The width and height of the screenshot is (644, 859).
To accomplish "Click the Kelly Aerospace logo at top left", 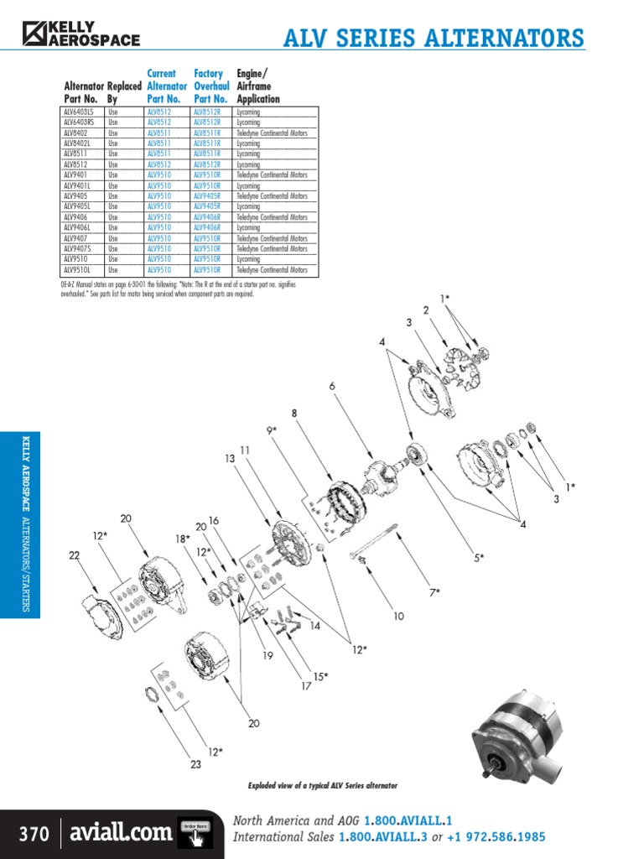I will click(x=81, y=34).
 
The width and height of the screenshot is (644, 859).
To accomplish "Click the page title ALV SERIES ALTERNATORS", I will click(x=434, y=39).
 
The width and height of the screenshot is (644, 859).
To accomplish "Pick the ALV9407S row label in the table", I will click(x=79, y=249).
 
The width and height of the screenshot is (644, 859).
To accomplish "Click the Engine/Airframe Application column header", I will click(x=257, y=86).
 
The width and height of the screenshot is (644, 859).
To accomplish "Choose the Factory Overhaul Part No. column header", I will click(x=210, y=86).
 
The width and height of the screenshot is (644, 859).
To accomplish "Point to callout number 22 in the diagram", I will click(x=74, y=555).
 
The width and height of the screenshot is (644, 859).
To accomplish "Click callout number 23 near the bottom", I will click(x=195, y=764).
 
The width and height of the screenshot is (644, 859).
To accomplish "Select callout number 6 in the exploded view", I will click(x=332, y=386).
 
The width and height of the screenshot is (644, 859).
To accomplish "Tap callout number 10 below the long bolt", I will click(x=397, y=616).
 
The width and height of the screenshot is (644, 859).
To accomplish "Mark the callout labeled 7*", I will click(x=434, y=592).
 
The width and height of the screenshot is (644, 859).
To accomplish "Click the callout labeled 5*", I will click(x=477, y=557).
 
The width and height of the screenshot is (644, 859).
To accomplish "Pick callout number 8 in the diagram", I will click(x=294, y=413).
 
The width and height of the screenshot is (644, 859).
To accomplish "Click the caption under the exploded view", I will click(x=322, y=786).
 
